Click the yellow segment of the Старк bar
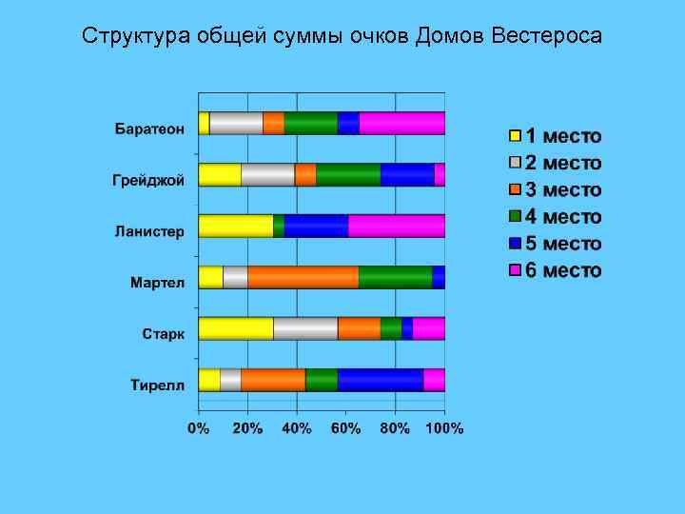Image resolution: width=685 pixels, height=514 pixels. pyautogui.click(x=236, y=328)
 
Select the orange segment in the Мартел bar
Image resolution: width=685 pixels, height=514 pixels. pyautogui.click(x=303, y=277)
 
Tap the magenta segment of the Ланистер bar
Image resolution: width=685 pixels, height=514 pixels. pyautogui.click(x=397, y=226)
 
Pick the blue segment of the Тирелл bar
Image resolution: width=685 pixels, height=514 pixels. pyautogui.click(x=381, y=380)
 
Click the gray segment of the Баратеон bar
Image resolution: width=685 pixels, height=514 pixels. pyautogui.click(x=236, y=123)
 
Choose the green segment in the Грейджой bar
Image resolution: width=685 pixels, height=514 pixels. pyautogui.click(x=348, y=174)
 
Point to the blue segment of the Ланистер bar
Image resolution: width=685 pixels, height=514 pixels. pyautogui.click(x=316, y=226)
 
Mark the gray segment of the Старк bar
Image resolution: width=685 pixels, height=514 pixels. pyautogui.click(x=305, y=328)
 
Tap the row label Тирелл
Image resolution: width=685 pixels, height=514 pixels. pyautogui.click(x=157, y=385)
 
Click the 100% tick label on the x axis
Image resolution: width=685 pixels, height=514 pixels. pyautogui.click(x=443, y=428)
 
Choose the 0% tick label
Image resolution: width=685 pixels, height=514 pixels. pyautogui.click(x=198, y=428)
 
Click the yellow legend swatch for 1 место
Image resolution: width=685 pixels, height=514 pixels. pyautogui.click(x=515, y=136)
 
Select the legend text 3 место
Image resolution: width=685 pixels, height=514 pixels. pyautogui.click(x=564, y=189)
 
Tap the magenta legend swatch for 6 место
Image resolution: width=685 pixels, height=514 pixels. pyautogui.click(x=515, y=270)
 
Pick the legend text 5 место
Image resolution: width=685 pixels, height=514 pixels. pyautogui.click(x=564, y=244)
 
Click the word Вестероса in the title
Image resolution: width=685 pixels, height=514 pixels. pyautogui.click(x=548, y=36)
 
